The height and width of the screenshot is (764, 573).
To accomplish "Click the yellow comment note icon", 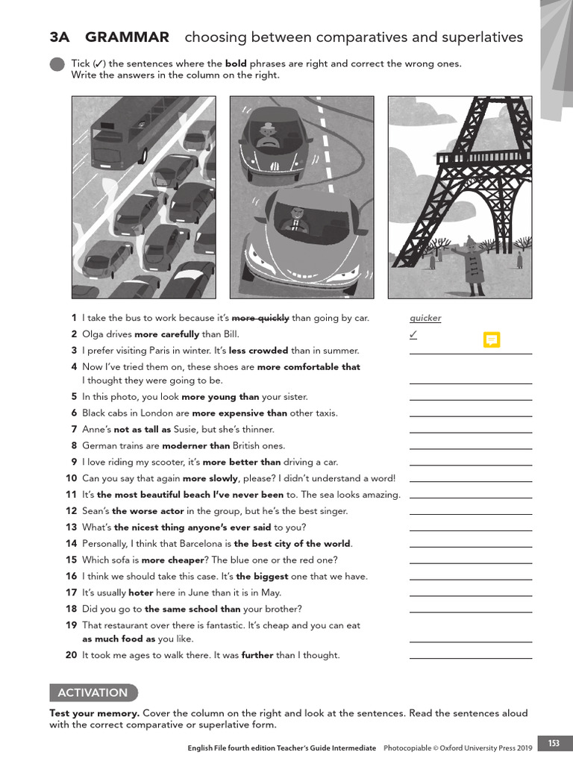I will pyautogui.click(x=491, y=339).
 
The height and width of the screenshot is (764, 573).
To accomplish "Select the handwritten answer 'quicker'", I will pyautogui.click(x=425, y=318).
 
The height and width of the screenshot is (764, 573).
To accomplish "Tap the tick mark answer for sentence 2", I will pyautogui.click(x=413, y=334).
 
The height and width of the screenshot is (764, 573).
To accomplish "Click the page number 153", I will pyautogui.click(x=554, y=743).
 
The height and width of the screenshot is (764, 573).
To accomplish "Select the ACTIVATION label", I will pyautogui.click(x=93, y=692).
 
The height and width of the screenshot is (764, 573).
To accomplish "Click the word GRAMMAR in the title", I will pyautogui.click(x=127, y=37).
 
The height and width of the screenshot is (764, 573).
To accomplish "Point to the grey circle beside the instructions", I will pyautogui.click(x=57, y=65).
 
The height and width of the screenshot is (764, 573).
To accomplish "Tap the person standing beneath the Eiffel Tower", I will pyautogui.click(x=472, y=265).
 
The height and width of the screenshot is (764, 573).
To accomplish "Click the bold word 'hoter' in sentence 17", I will pyautogui.click(x=141, y=592).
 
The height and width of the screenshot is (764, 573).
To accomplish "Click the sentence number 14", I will pyautogui.click(x=72, y=543).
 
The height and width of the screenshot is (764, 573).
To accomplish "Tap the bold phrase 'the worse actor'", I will pyautogui.click(x=148, y=511).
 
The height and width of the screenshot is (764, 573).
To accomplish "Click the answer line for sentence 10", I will pyautogui.click(x=470, y=481).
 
